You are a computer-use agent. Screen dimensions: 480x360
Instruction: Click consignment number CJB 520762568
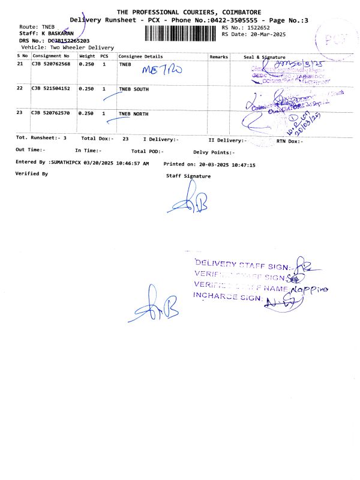pos(51,64)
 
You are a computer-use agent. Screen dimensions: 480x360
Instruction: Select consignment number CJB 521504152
pos(51,89)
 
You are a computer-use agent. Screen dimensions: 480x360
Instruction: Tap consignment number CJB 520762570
pos(51,113)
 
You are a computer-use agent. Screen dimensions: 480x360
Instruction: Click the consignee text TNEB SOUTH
pos(134,89)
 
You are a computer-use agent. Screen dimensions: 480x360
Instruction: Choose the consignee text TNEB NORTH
pos(134,113)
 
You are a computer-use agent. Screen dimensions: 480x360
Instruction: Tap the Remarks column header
pos(218,56)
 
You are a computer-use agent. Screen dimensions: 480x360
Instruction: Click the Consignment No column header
pos(51,56)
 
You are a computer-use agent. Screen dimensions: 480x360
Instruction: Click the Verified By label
pos(31,173)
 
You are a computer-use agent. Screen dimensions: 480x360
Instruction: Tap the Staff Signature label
pos(188,176)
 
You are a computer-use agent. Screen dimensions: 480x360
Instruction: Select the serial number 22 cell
pos(20,89)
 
